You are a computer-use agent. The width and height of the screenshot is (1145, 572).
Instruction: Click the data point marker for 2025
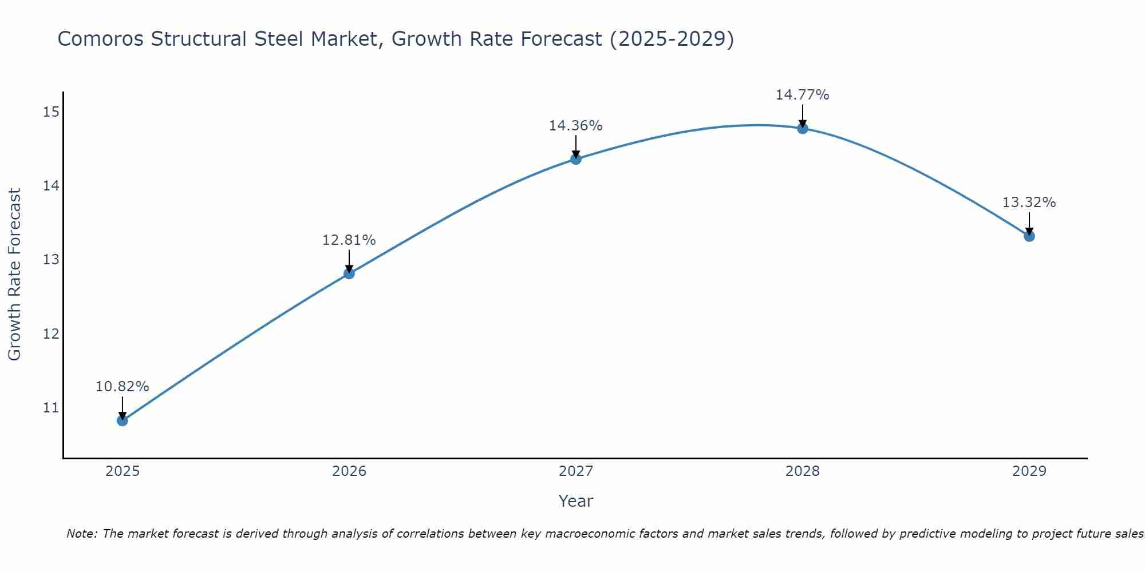[x=123, y=420]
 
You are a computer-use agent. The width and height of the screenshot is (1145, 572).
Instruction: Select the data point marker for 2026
[x=349, y=273]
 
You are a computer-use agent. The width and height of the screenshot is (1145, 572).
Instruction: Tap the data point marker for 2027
[x=576, y=159]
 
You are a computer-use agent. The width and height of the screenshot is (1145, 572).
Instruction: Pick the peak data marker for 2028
[x=803, y=128]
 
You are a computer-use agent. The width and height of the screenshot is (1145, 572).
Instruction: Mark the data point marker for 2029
[x=1029, y=236]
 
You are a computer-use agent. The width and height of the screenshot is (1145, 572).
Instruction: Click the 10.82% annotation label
[x=122, y=387]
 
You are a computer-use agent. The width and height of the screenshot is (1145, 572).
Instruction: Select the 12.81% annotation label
[x=349, y=240]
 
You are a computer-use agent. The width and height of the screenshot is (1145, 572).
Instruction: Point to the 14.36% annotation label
[x=575, y=126]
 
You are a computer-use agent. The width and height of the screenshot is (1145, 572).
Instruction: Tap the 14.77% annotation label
[x=802, y=95]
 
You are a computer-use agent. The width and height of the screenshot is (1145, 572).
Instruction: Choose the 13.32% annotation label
[x=1029, y=202]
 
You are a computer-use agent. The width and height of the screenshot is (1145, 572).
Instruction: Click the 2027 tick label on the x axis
[x=576, y=471]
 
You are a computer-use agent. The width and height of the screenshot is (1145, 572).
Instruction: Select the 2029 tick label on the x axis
[x=1029, y=471]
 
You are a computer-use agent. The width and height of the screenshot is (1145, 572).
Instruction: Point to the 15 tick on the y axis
[x=51, y=112]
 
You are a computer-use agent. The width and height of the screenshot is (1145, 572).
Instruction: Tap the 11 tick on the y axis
[x=51, y=408]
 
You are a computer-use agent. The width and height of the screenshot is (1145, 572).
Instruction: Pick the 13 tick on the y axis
[x=51, y=260]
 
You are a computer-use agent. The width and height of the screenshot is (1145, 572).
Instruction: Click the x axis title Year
[x=575, y=501]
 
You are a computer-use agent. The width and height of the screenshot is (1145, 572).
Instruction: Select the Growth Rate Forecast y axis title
[x=14, y=275]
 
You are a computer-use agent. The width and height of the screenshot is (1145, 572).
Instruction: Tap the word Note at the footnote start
[x=82, y=534]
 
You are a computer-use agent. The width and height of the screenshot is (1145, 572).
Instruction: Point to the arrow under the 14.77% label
[x=803, y=116]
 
